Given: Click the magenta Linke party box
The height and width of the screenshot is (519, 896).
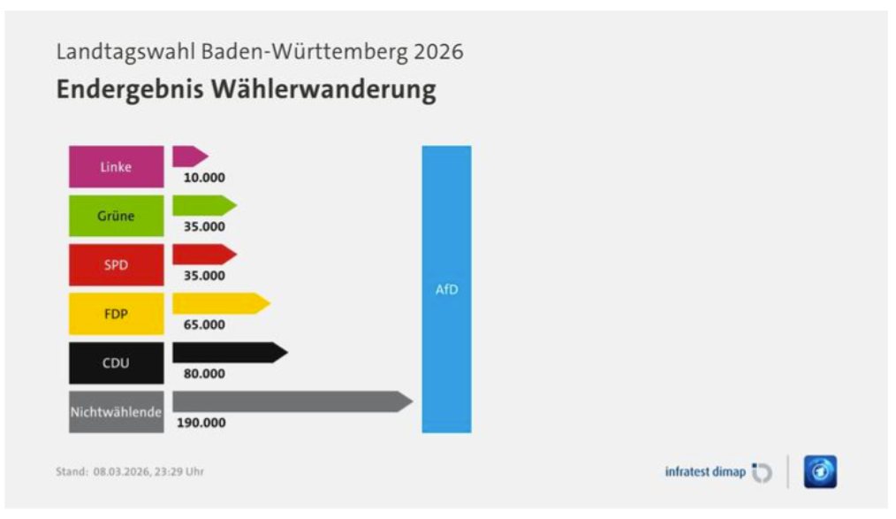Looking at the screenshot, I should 116,166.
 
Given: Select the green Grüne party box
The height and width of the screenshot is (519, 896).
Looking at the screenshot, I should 116,216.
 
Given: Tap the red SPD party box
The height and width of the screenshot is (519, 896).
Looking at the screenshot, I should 116,264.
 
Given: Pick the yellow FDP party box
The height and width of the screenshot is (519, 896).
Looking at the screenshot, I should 116,313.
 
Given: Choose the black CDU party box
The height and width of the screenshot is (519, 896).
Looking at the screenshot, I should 116,363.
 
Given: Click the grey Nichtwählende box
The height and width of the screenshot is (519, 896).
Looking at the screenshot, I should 116,411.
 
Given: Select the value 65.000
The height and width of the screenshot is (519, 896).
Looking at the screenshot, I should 204,324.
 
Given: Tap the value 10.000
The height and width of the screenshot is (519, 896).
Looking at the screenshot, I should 204,178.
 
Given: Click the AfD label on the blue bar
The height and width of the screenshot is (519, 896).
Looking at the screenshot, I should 446,290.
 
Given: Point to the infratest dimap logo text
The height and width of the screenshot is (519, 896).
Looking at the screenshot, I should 705,472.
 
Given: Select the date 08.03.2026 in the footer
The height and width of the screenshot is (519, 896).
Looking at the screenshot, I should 123,471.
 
